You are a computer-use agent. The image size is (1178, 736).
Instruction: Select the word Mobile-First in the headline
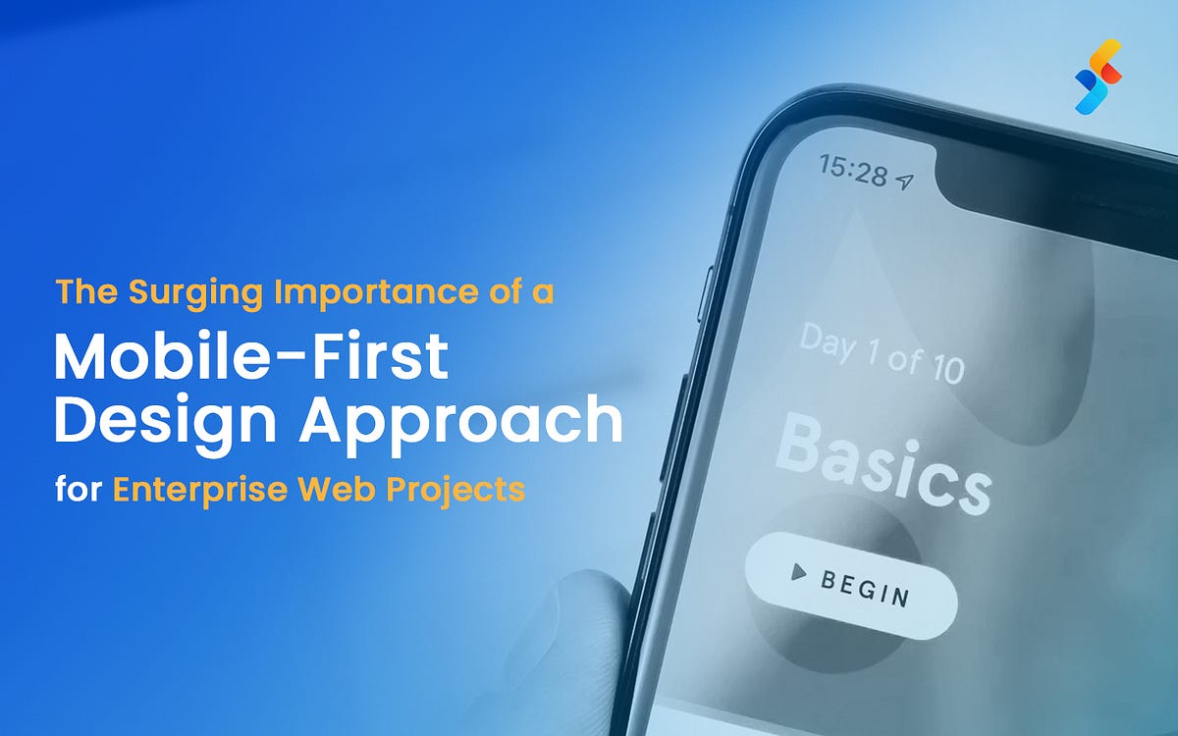(250, 358)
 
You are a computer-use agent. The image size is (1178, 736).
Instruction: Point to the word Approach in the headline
(461, 422)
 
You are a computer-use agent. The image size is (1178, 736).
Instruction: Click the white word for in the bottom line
(78, 488)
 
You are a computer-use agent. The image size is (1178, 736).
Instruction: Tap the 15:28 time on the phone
(853, 172)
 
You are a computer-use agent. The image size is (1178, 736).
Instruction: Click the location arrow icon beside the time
(905, 182)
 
